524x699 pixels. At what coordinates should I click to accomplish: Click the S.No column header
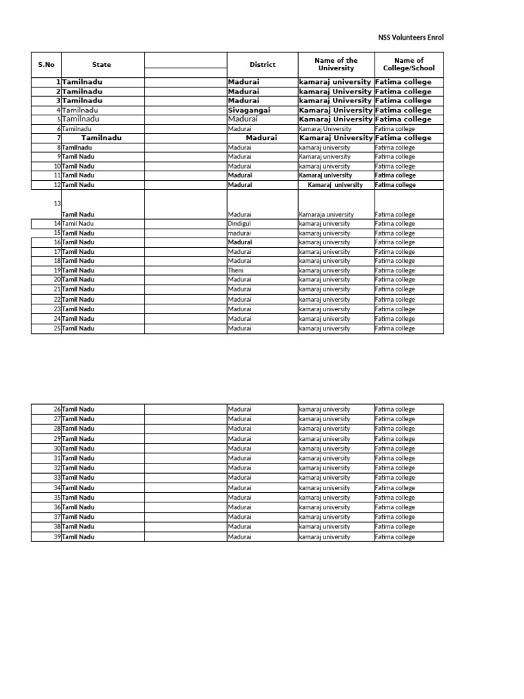(x=46, y=65)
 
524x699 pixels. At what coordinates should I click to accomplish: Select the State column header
(x=102, y=65)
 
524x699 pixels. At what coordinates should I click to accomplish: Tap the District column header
(x=262, y=65)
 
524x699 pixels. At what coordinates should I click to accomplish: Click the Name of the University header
(x=336, y=65)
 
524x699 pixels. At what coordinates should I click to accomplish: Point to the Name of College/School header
(x=409, y=65)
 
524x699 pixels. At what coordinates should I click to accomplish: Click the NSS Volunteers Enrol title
(x=410, y=38)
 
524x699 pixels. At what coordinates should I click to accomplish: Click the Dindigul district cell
(x=240, y=224)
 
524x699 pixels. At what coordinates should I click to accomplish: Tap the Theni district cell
(x=235, y=270)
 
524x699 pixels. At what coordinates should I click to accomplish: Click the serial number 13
(x=57, y=203)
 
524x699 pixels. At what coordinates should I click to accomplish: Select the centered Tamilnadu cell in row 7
(x=102, y=138)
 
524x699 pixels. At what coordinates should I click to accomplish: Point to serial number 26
(x=57, y=410)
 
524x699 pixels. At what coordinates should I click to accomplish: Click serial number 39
(x=57, y=537)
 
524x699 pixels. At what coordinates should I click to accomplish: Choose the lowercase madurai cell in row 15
(x=239, y=233)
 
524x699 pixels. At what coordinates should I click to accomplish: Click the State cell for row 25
(x=78, y=329)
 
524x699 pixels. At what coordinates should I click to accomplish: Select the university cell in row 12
(x=335, y=185)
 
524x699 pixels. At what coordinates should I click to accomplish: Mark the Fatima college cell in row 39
(x=395, y=537)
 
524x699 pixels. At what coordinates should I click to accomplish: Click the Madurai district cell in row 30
(x=239, y=448)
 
